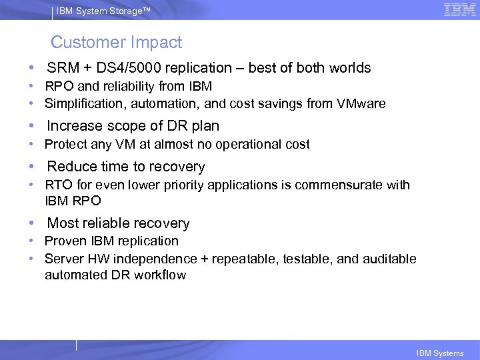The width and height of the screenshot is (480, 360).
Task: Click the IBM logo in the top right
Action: (x=459, y=9)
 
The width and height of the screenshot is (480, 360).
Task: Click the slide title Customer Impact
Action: (x=116, y=43)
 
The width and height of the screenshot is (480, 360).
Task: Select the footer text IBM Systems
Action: (x=440, y=353)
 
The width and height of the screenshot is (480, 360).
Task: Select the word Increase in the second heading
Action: (x=74, y=126)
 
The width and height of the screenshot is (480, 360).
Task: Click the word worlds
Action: (x=347, y=68)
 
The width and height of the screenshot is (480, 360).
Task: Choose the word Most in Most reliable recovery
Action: (x=63, y=223)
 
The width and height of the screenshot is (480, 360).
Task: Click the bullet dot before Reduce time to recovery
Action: (x=31, y=167)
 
